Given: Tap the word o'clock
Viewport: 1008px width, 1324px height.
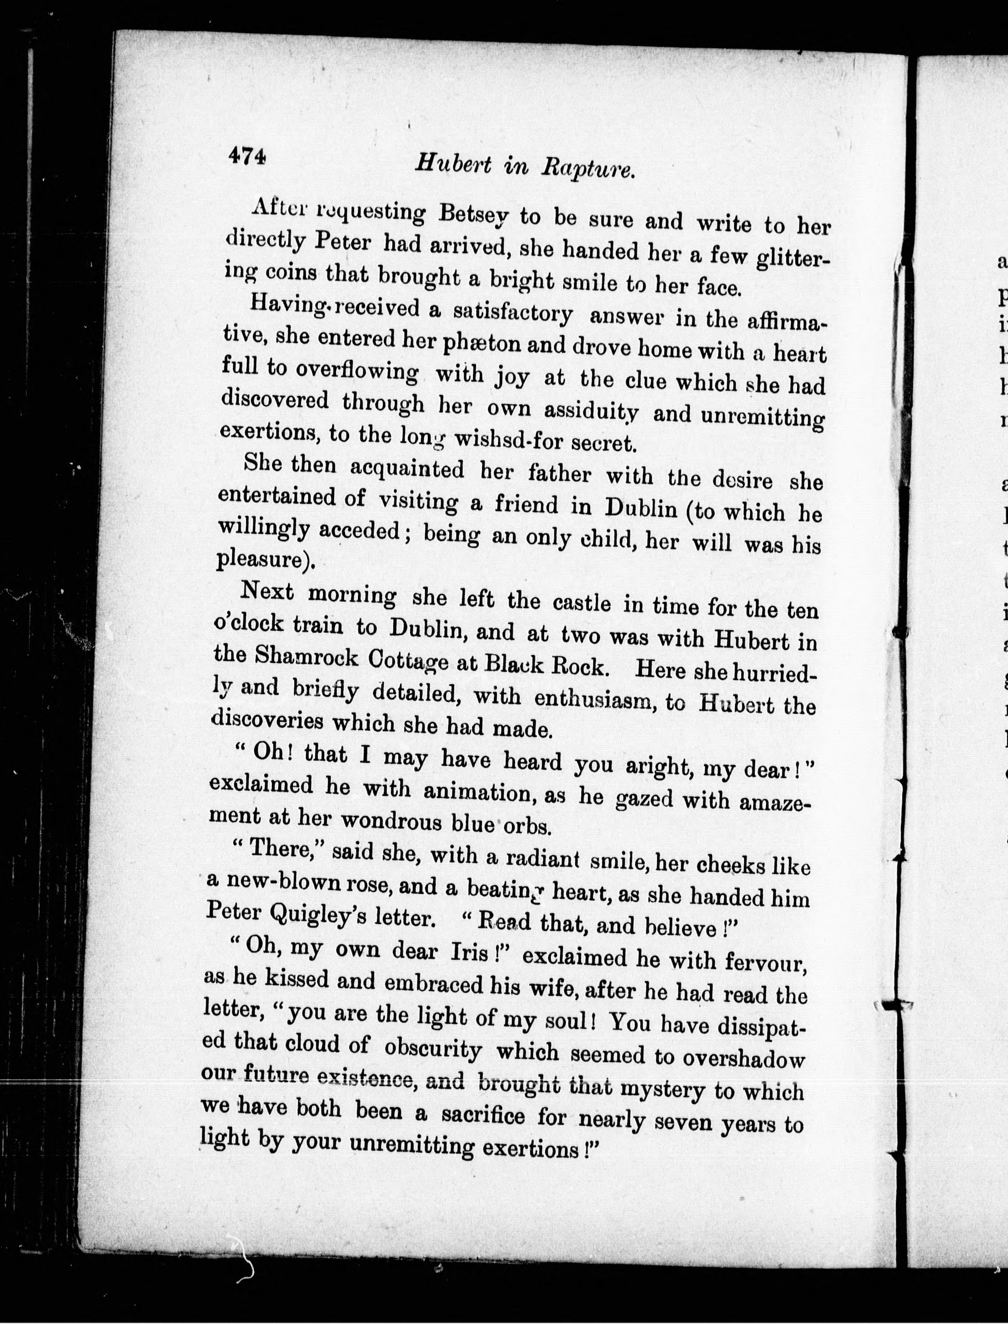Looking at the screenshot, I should coord(248,624).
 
